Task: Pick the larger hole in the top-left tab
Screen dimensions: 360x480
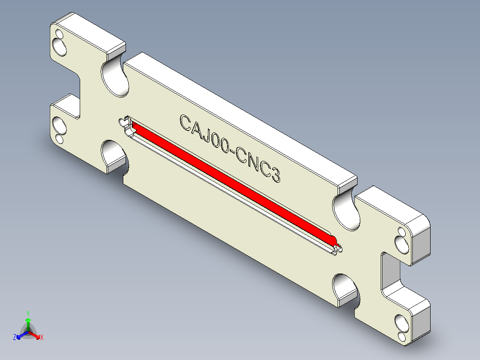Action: click(x=58, y=45)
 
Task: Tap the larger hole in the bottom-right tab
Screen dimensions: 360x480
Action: click(x=400, y=322)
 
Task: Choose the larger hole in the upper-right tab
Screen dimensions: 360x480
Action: click(x=401, y=243)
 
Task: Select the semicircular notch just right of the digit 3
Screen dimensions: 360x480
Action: click(x=346, y=211)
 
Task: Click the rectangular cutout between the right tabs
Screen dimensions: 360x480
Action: click(x=389, y=272)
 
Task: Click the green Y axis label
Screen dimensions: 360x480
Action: click(x=28, y=313)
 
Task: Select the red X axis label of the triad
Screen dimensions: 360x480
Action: click(x=41, y=338)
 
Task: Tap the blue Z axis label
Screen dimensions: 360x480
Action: click(x=14, y=337)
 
